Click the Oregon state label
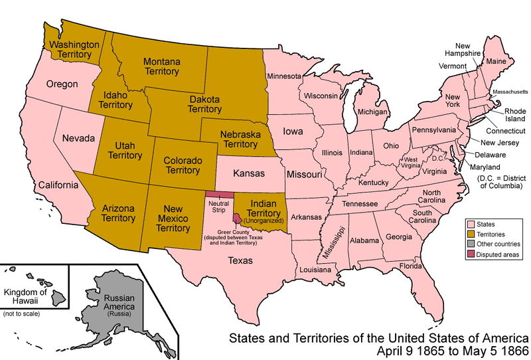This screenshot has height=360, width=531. (62, 84)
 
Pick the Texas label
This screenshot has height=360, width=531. (240, 260)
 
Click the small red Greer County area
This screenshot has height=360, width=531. (237, 218)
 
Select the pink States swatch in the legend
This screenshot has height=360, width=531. (471, 225)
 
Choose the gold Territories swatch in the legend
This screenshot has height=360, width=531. (471, 234)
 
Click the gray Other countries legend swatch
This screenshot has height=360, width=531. (471, 244)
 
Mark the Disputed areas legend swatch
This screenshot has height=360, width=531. (471, 254)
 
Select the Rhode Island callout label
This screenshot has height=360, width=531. (514, 115)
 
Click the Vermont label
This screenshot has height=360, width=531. (452, 66)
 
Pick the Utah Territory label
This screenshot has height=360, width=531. (124, 150)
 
